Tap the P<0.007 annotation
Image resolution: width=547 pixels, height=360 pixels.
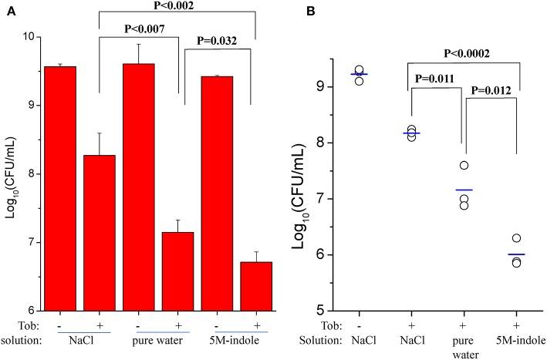[x=139, y=32]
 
